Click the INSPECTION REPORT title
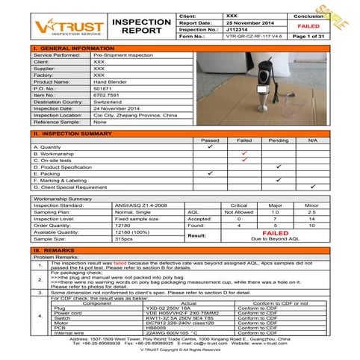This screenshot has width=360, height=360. click(x=140, y=27)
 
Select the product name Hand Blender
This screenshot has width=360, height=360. click(x=110, y=82)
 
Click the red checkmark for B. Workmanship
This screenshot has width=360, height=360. click(x=244, y=153)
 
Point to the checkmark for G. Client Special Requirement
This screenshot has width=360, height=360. click(x=313, y=186)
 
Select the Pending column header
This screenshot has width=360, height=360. click(x=278, y=140)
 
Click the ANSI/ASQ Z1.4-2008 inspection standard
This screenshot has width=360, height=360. click(x=120, y=204)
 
